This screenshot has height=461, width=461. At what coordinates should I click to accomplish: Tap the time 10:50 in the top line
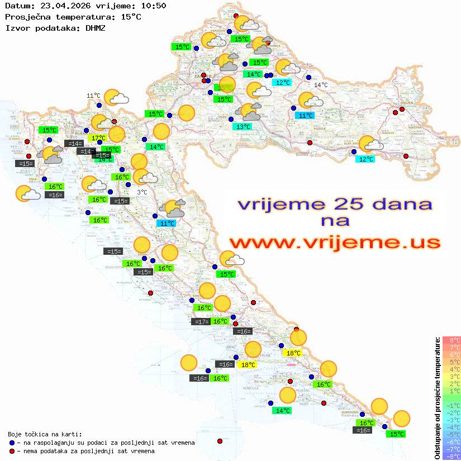pos(153,6)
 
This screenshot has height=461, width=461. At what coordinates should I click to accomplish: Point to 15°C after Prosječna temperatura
pos(131,17)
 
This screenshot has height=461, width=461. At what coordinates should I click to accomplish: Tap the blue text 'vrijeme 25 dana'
pos(335,204)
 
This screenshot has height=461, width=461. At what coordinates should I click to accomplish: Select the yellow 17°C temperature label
pos(98,138)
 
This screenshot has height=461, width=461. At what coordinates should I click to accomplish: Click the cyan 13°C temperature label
pos(243,127)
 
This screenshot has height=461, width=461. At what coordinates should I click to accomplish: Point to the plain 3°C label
pos(142,192)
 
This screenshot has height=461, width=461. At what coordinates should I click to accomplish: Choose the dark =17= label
pos(200,321)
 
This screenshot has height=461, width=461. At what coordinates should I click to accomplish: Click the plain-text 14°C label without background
pos(321,85)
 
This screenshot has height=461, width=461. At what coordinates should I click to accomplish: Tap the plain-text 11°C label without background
pos(93,96)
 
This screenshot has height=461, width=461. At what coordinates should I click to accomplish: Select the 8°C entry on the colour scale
pos(452,340)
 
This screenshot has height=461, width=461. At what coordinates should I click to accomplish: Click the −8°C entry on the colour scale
pos(452,456)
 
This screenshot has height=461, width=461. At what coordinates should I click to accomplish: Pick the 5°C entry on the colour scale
pos(452,362)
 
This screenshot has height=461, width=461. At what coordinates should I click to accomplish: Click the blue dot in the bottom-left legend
pos(12,443)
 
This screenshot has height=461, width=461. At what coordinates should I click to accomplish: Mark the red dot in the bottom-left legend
pos(12,451)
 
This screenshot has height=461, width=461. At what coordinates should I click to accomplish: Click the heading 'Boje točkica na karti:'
pos(45,434)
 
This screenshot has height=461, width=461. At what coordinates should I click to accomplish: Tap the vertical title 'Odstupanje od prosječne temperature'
pos(438,398)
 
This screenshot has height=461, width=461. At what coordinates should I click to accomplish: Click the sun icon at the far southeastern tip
pos(401,418)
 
